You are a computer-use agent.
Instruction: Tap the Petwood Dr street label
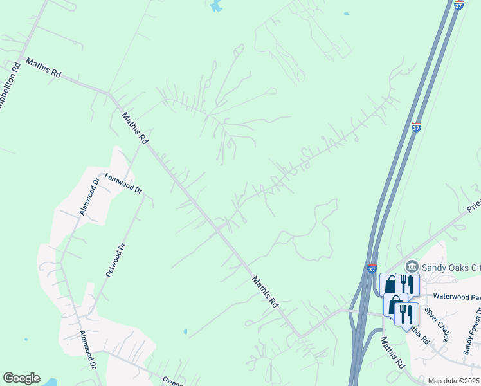pos(114,260)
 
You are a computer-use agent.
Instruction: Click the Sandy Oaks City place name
pos(451,266)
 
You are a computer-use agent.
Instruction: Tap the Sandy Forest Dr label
pos(473,332)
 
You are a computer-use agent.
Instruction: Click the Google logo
pos(21,378)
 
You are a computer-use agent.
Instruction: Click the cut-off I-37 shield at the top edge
pos(458,5)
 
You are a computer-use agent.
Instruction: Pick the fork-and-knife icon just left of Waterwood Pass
pos(406,284)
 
